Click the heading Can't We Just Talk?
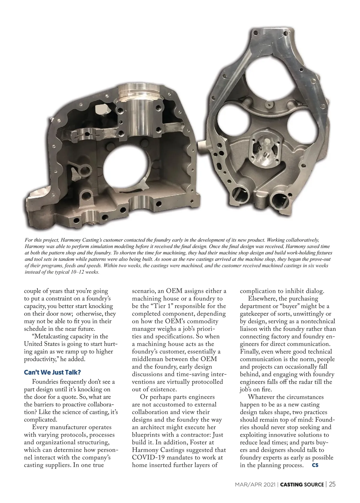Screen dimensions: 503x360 [x=52, y=372]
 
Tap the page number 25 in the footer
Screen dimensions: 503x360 [x=332, y=484]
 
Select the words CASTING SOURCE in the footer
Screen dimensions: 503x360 [x=302, y=484]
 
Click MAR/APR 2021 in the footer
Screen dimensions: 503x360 [x=256, y=484]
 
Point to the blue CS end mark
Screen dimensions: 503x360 [x=315, y=465]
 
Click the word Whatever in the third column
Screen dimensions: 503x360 [x=260, y=397]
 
